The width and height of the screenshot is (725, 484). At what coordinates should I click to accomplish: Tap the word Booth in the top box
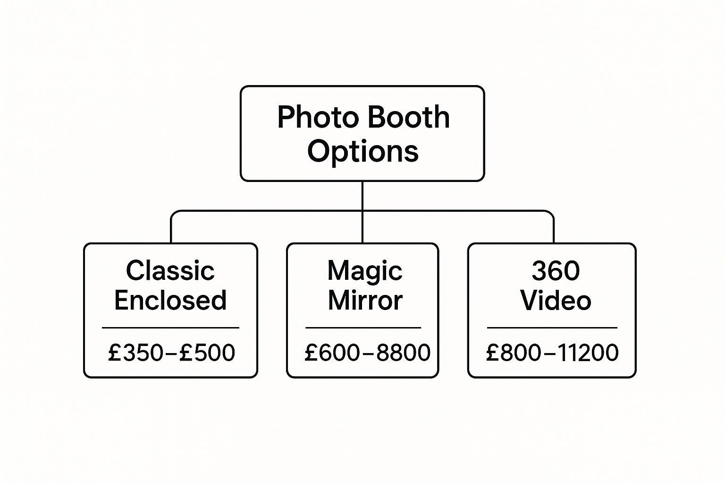point(408,117)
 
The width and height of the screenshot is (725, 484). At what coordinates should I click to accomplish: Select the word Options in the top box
point(362,151)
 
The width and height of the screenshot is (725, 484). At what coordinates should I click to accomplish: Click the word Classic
point(170,271)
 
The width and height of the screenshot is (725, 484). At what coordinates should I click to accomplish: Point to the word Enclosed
point(170,301)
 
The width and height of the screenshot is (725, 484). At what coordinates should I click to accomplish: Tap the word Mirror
point(365,301)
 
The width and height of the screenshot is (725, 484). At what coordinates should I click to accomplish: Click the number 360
point(556,271)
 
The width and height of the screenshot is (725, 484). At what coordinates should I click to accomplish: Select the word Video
point(556,301)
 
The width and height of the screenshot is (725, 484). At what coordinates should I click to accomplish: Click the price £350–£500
point(171,353)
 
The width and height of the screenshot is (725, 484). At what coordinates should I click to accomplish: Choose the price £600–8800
point(367,353)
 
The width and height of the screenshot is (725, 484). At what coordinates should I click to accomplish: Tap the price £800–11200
point(552,353)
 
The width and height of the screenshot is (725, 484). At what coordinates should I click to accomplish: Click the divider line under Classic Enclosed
point(170,327)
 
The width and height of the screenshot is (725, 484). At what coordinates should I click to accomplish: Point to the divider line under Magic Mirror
point(363,327)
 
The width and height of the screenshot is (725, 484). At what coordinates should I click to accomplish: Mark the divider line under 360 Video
point(552,327)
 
